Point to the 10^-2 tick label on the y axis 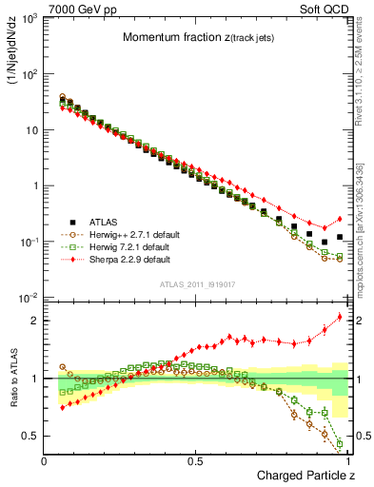point(30,299)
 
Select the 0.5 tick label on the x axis point(196,460)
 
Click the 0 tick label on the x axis point(44,460)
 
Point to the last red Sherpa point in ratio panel point(340,317)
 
